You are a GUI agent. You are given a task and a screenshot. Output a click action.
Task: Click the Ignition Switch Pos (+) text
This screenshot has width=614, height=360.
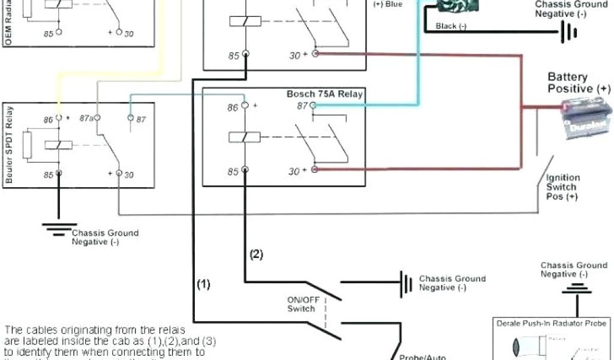562,187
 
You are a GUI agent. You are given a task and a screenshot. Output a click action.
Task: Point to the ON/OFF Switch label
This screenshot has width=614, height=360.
301,304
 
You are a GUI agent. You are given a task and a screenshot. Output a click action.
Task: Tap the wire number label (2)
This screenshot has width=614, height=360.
256,254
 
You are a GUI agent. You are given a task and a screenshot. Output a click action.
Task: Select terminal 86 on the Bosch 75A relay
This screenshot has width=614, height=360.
245,106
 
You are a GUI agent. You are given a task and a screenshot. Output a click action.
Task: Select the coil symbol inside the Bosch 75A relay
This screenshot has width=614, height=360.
245,137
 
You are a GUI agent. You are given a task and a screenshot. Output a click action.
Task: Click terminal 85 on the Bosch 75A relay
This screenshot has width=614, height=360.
245,170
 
